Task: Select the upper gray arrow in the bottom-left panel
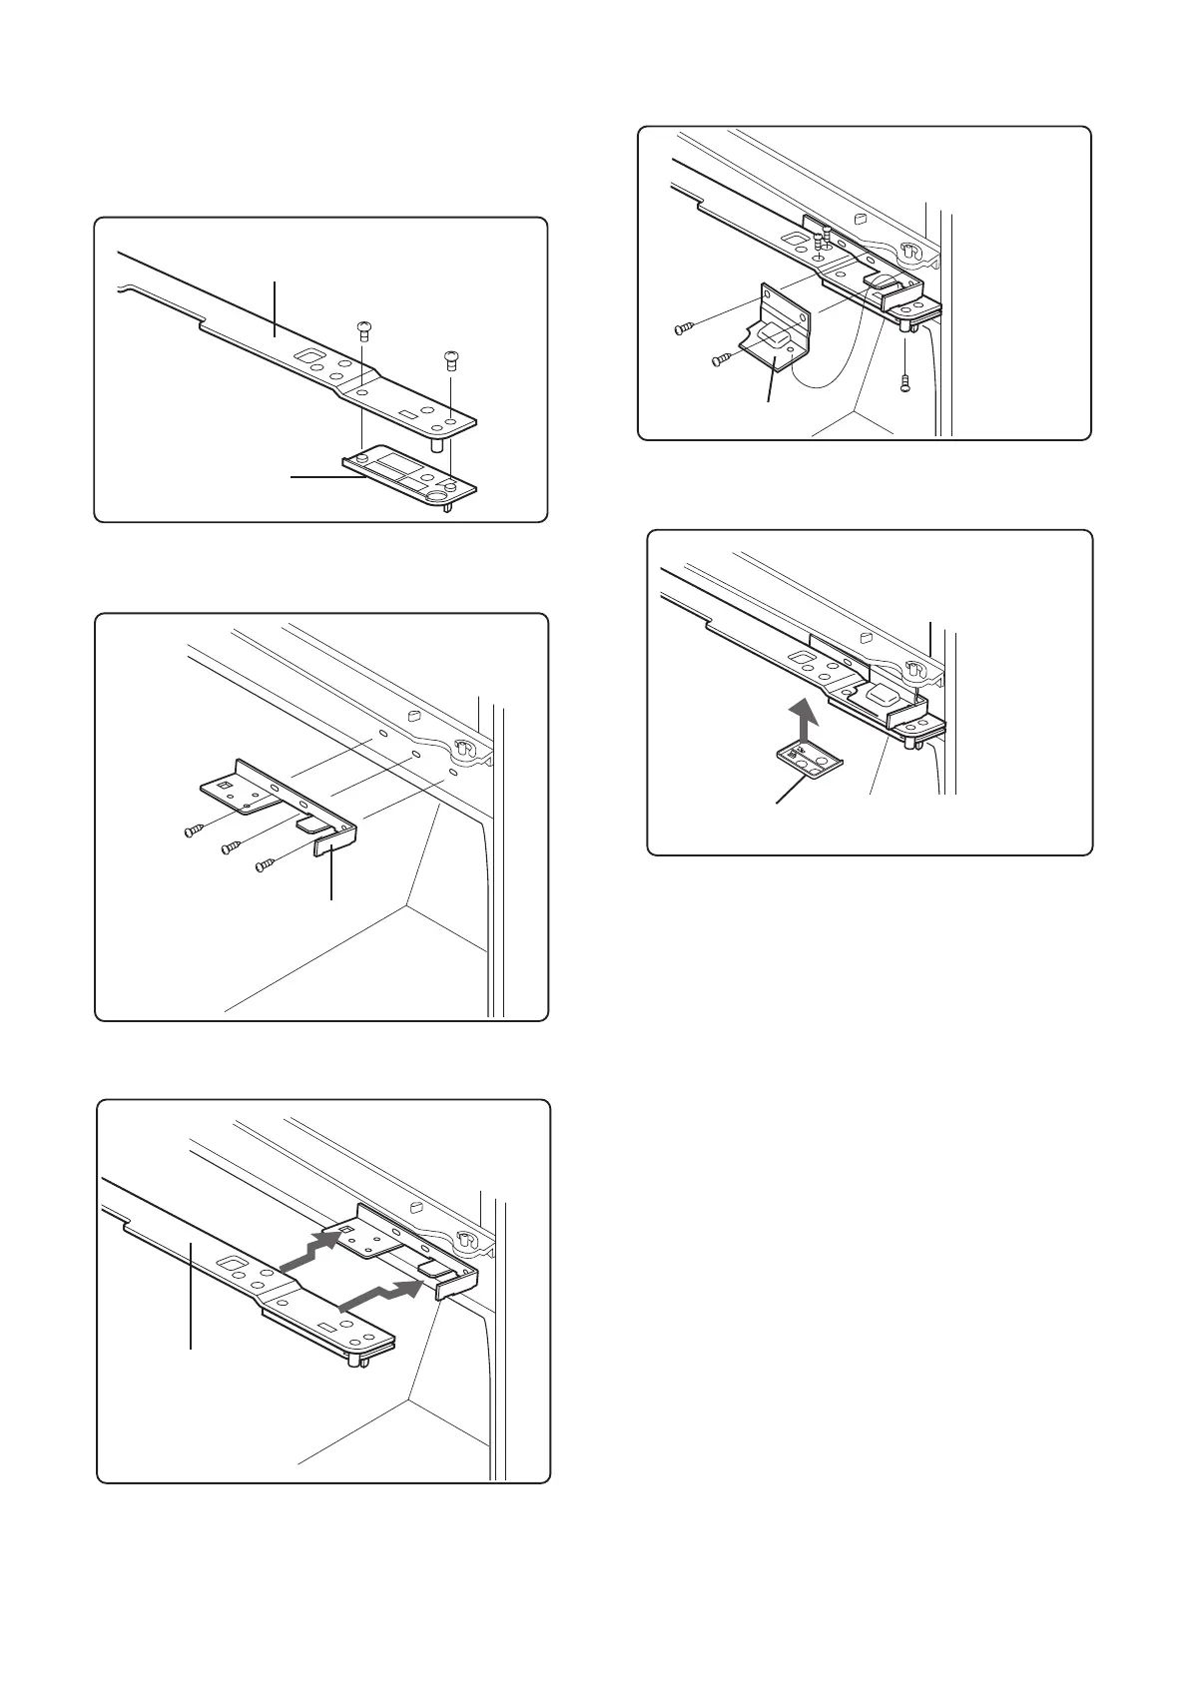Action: pos(312,1252)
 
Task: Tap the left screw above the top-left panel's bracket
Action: pos(364,330)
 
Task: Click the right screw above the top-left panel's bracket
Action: pos(450,358)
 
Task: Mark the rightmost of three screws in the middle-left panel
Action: pos(265,864)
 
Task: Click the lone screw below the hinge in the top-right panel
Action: pos(904,380)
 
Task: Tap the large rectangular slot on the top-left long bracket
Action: pos(312,356)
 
